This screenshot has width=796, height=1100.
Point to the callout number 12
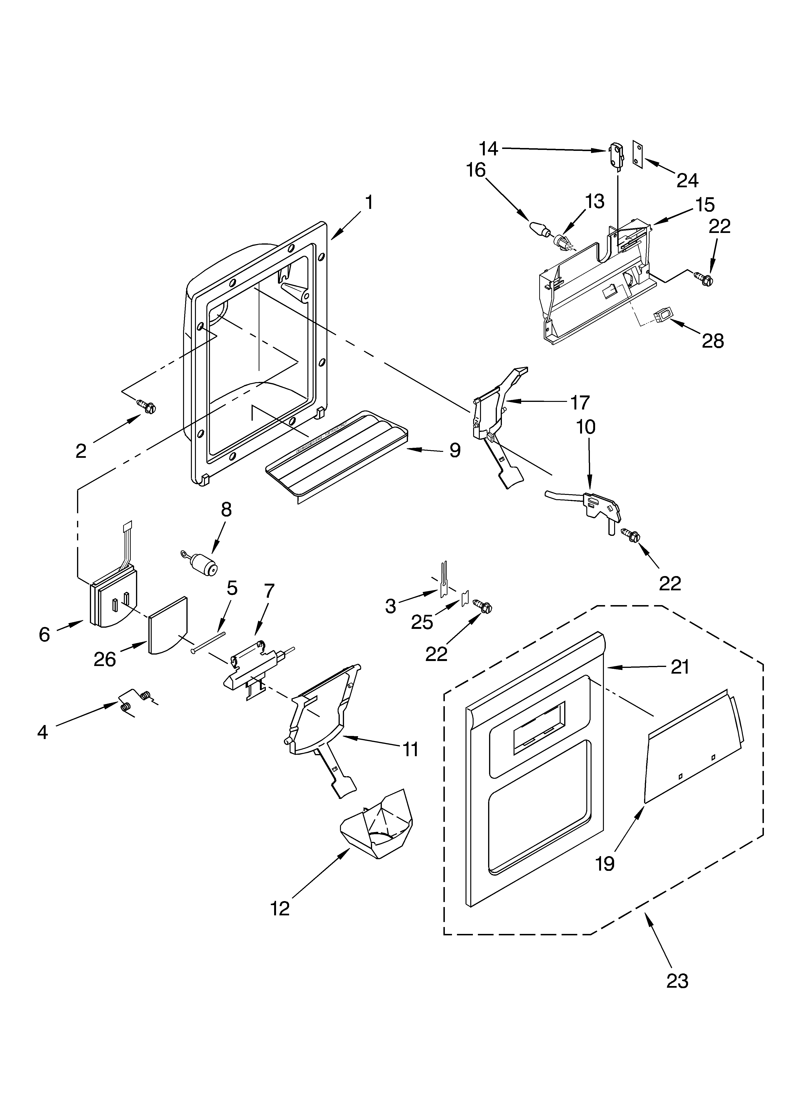click(280, 908)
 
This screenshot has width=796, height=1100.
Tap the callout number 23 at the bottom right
click(677, 981)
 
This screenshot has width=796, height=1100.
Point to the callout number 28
click(713, 341)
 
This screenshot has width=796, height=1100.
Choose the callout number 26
click(105, 660)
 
